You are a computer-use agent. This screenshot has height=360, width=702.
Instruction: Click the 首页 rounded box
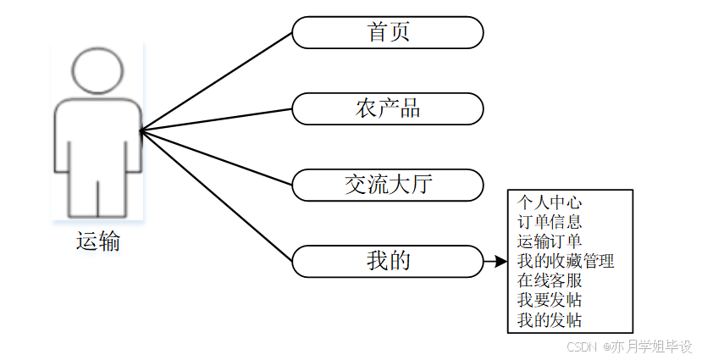click(x=388, y=33)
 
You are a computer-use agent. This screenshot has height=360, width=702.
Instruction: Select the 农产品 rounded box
click(x=388, y=108)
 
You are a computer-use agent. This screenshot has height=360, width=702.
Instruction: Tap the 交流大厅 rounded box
click(x=388, y=184)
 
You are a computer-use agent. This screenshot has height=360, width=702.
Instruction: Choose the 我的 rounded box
click(x=388, y=260)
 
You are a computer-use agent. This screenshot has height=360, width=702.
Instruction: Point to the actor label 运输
click(x=98, y=241)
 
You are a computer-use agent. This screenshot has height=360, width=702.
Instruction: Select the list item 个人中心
click(x=550, y=203)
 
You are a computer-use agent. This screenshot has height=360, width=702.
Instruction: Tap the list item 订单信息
click(x=550, y=223)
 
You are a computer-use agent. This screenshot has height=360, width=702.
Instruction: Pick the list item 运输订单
click(x=550, y=242)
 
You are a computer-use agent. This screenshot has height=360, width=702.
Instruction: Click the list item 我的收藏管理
click(x=566, y=262)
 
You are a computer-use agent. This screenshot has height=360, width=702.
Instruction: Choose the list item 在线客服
click(x=550, y=280)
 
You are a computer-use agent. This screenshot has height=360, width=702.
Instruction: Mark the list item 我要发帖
click(x=550, y=300)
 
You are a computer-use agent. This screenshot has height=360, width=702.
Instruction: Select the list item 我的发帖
click(x=550, y=319)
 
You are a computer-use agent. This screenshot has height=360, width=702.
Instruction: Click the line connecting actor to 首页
click(x=217, y=81)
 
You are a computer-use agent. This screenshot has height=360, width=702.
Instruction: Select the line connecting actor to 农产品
click(x=217, y=119)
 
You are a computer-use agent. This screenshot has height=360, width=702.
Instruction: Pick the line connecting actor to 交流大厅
click(x=217, y=157)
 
